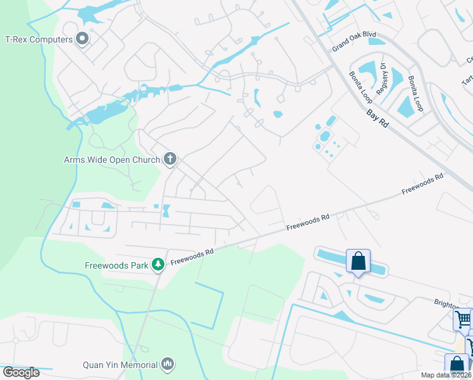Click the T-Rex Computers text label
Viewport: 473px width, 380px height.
(38, 39)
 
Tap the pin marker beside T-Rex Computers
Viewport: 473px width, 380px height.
(82, 40)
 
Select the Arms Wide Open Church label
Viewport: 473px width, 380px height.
(112, 160)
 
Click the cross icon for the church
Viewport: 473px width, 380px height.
(170, 159)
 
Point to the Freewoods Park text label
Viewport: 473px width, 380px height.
(116, 265)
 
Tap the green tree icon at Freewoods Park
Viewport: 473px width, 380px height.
(158, 264)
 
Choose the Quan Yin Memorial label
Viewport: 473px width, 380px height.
(120, 364)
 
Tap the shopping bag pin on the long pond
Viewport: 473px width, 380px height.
(358, 262)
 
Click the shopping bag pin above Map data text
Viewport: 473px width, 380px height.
(457, 366)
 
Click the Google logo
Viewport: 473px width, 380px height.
(21, 372)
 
